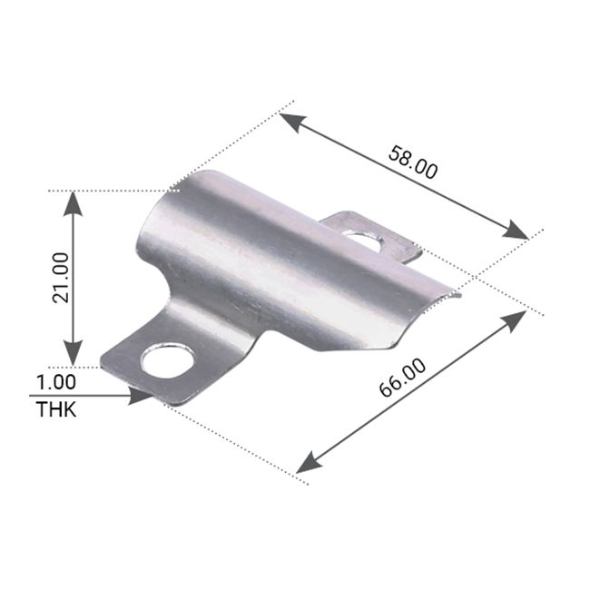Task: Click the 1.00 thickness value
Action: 56,381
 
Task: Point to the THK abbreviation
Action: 56,409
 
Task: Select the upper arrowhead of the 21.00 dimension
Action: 74,203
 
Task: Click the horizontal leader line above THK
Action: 82,396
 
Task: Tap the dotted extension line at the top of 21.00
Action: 109,191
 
